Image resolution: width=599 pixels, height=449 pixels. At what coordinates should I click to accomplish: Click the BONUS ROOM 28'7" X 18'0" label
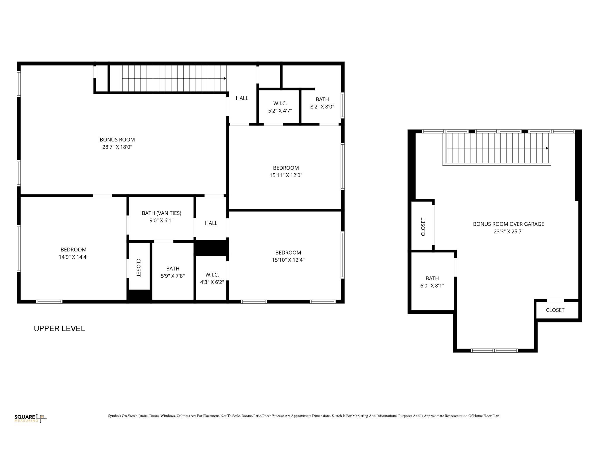pos(117,143)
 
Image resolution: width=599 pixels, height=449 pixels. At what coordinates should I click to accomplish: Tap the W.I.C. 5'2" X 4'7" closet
pos(280,107)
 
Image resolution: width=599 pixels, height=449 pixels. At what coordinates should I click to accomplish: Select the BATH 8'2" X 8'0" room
pos(322,103)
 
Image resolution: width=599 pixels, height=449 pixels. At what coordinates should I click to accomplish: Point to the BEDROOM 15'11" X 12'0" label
pos(286,172)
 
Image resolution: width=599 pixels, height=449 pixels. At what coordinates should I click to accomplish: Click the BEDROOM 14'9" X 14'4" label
pos(73,253)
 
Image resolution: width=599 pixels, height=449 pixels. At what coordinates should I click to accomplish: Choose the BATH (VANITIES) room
pos(161,217)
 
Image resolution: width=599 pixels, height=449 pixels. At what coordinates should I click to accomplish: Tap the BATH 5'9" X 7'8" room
pos(173,272)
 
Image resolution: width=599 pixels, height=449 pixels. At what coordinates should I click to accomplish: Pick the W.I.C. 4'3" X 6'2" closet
pos(212,278)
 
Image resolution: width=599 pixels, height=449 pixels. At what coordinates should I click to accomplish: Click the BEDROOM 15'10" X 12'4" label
pos(288,256)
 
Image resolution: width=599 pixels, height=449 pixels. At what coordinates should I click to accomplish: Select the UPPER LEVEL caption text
pos(59,329)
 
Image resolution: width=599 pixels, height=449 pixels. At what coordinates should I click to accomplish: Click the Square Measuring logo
pos(30,418)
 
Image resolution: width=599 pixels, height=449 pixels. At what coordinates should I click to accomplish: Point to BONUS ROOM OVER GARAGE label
pos(508,228)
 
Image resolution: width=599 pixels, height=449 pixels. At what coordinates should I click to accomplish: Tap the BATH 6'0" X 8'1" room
pos(432,282)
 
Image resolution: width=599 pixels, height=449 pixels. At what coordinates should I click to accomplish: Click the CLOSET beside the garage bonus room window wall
pos(555,310)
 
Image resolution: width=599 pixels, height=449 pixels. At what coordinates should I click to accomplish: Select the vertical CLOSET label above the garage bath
pos(423,227)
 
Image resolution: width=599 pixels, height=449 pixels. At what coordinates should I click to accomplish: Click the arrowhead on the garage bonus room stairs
pos(547,148)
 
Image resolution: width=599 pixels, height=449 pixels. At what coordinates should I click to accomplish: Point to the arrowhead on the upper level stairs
pos(225,78)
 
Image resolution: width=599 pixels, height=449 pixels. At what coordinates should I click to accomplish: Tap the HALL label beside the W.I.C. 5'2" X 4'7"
pos(242,98)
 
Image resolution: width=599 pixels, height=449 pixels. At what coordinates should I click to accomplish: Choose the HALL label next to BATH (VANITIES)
pos(211,223)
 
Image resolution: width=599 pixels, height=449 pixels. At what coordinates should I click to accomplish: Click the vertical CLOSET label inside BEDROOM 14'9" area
pos(139,267)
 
